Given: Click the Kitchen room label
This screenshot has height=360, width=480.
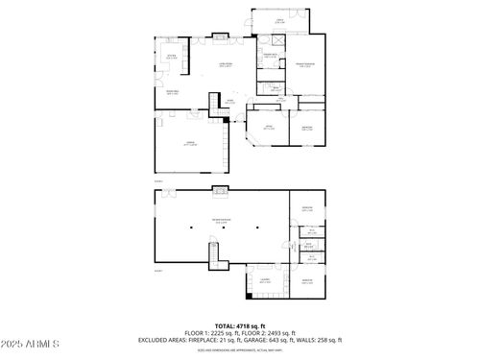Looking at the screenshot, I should (x=173, y=58).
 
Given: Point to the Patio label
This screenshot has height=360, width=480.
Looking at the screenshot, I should (x=280, y=20).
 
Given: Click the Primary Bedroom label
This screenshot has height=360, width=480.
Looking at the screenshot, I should (x=304, y=64).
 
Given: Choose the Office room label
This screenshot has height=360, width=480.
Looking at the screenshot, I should (x=268, y=128).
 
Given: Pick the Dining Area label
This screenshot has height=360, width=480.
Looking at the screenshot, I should (x=173, y=93).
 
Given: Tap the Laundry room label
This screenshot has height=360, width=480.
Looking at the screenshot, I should (x=263, y=279).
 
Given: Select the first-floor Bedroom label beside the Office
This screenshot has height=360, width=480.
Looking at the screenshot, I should (x=306, y=128).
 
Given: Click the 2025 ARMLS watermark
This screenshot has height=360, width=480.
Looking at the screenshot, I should (x=27, y=343).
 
